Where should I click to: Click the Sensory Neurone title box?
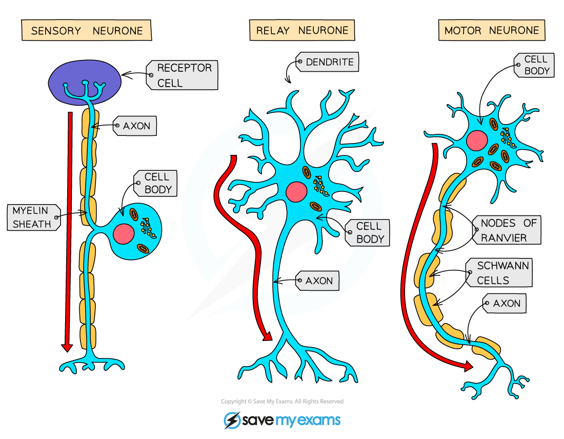[86, 30]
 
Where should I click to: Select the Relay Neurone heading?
[303, 30]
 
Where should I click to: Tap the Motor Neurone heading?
[491, 30]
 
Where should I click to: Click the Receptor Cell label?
[183, 75]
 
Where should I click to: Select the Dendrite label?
[329, 62]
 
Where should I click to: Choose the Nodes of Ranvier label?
[508, 230]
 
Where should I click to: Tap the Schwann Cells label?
[500, 273]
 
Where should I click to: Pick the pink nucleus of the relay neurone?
[296, 191]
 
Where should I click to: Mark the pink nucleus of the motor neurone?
[477, 139]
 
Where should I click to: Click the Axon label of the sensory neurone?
[136, 126]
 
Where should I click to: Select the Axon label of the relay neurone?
[318, 281]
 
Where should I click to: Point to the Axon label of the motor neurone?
[506, 304]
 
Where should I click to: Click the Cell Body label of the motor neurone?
[535, 65]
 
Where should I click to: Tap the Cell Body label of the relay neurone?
[368, 232]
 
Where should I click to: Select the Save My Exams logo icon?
[232, 421]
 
